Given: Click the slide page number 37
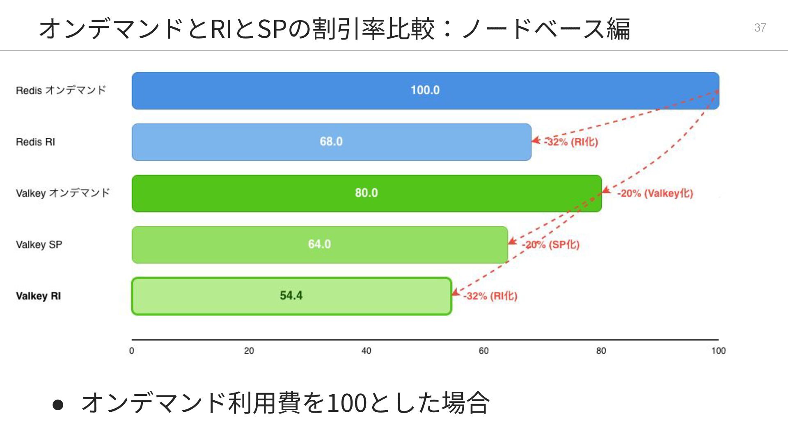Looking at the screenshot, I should (760, 27).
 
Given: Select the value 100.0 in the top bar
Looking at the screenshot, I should (425, 90).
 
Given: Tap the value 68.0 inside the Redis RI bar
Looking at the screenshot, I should (331, 142).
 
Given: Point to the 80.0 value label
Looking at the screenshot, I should (366, 193).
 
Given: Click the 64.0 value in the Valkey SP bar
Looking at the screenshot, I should (319, 244).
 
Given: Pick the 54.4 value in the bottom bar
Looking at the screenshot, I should (291, 296).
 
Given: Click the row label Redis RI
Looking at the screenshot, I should (35, 142).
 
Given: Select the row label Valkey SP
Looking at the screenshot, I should (39, 245).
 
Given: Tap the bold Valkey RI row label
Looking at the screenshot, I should (38, 296).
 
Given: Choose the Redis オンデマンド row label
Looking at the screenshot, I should (61, 90).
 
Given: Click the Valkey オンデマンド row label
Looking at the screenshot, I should (63, 193).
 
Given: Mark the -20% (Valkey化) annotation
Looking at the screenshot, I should (655, 193).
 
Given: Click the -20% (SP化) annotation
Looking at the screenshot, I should (551, 245).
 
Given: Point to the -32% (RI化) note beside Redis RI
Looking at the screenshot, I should (571, 142).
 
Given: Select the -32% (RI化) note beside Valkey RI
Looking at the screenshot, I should (490, 296).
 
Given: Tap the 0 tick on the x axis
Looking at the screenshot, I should (132, 351).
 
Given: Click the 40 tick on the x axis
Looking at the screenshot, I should (366, 351).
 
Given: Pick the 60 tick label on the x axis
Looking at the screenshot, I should (483, 351).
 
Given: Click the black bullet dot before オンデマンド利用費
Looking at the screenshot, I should (58, 404).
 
